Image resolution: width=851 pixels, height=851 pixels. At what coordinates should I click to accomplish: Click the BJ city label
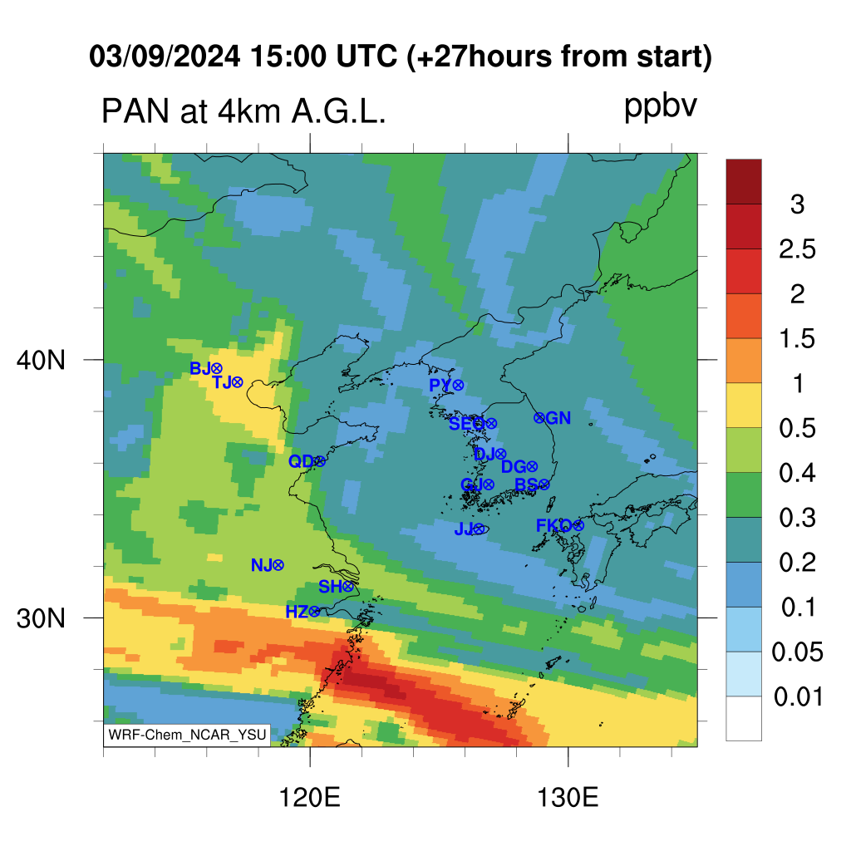coord(199,368)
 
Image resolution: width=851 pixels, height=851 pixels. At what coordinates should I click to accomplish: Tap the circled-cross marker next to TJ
coord(237,382)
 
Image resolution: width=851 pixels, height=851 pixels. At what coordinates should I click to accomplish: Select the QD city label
coord(301,461)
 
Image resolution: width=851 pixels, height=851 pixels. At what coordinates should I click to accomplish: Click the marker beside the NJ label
coord(278,565)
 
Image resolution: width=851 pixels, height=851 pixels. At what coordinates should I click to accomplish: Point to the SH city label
coord(330,587)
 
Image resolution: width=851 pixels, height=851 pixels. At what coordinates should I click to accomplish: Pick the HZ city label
coord(297,612)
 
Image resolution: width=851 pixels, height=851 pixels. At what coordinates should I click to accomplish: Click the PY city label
coord(440,386)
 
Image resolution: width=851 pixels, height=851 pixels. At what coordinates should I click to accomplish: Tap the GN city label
coord(558,418)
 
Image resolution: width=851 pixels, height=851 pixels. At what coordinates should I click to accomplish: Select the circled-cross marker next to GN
coord(539,418)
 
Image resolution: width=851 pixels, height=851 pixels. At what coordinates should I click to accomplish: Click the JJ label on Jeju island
coord(464,529)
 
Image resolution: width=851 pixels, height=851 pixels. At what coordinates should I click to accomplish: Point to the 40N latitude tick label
coord(41,360)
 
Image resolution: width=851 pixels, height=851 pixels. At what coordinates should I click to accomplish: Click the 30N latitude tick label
coord(41,618)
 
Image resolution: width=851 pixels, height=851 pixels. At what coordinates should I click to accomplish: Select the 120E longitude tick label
coord(309,798)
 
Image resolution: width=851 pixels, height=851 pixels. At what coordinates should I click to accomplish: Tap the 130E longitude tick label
coord(568,798)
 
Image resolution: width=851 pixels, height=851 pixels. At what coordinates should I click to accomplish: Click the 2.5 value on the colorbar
coord(797,249)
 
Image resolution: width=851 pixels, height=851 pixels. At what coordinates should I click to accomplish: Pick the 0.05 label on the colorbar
coord(797,652)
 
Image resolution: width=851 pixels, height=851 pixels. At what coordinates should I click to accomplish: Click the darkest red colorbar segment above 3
coord(744,181)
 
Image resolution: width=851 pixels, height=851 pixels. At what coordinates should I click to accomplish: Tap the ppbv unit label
coord(660,107)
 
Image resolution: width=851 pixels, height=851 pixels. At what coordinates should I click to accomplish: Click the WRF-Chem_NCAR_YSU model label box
coord(187,735)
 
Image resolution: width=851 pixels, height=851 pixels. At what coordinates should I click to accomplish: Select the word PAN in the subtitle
coord(135,111)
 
